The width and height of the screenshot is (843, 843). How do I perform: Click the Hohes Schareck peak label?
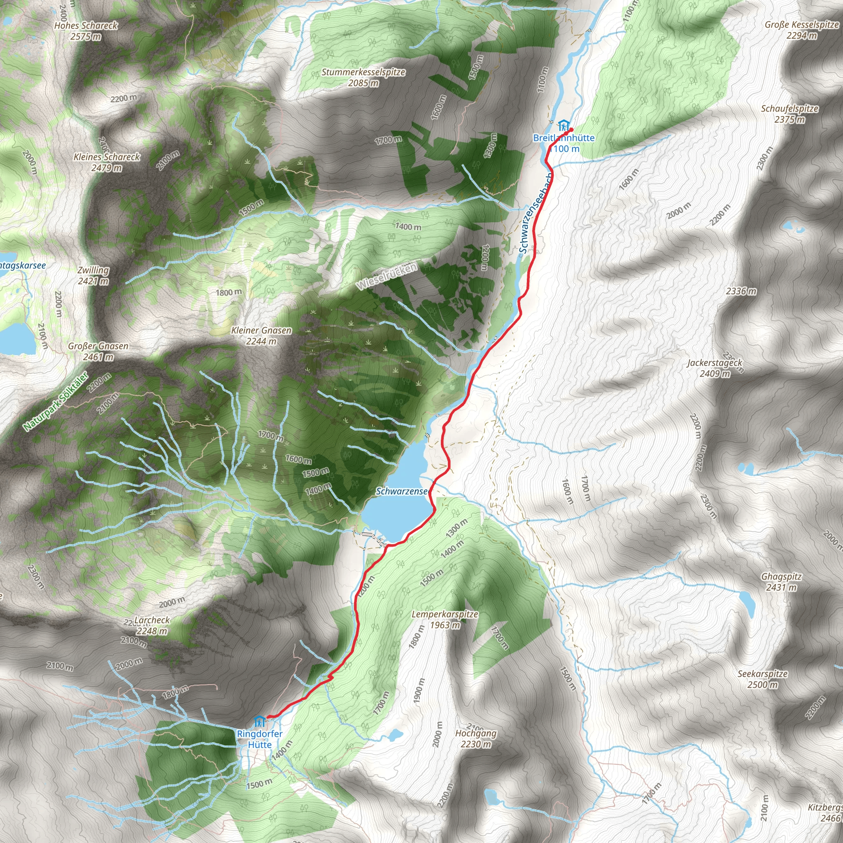pos(86,31)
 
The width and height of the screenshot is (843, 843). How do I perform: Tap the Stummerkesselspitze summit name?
pos(363,77)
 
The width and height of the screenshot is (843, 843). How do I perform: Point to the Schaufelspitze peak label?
pos(790,114)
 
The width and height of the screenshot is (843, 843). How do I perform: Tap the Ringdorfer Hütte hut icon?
pos(260,721)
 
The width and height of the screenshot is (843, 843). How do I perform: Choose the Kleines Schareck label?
pos(107,162)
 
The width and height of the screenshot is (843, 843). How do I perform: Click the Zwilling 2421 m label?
pos(93,275)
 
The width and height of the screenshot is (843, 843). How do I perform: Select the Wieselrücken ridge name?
pos(387,275)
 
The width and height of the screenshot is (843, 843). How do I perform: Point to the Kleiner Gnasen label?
pos(261,335)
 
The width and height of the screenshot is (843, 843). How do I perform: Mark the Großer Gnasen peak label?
pos(98,351)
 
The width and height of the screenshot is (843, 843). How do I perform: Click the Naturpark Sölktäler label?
pos(56,401)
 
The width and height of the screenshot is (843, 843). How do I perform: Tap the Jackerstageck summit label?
pos(715,368)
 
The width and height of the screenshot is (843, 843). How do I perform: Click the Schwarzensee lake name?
pos(401,491)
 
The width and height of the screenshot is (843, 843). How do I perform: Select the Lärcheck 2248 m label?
pos(151,625)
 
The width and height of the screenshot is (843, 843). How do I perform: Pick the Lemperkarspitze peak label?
pos(445,619)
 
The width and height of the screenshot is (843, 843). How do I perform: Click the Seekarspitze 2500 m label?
pos(763,679)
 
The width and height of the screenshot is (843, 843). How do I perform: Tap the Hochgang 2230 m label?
pos(475,739)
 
